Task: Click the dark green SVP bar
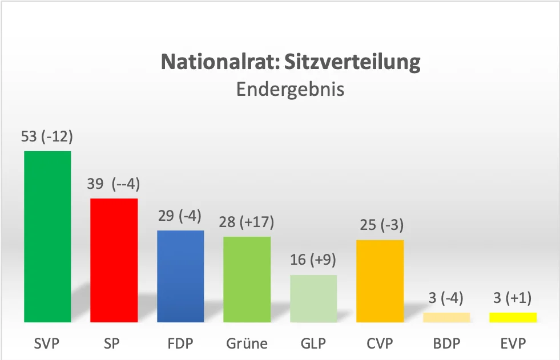pyautogui.click(x=47, y=237)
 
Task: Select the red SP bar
pyautogui.click(x=114, y=260)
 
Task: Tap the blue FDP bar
pyautogui.click(x=180, y=276)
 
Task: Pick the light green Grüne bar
pyautogui.click(x=247, y=280)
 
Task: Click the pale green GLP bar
pyautogui.click(x=313, y=298)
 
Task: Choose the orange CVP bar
pyautogui.click(x=380, y=281)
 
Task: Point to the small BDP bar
pyautogui.click(x=446, y=317)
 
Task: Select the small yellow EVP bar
pyautogui.click(x=513, y=317)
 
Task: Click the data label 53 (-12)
pyautogui.click(x=48, y=137)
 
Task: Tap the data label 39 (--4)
pyautogui.click(x=114, y=184)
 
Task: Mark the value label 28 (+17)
pyautogui.click(x=247, y=222)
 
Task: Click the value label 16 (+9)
pyautogui.click(x=313, y=260)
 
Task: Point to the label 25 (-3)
pyautogui.click(x=380, y=225)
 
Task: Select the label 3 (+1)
pyautogui.click(x=513, y=298)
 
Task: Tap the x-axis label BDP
pyautogui.click(x=446, y=343)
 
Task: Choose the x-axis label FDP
pyautogui.click(x=180, y=343)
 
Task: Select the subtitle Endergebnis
pyautogui.click(x=291, y=90)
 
